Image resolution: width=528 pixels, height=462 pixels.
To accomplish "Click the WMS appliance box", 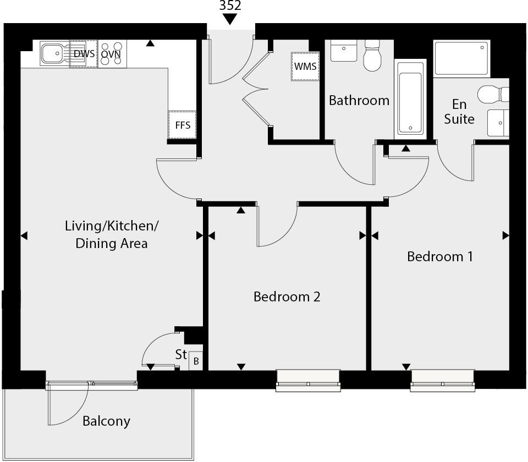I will point(305,66).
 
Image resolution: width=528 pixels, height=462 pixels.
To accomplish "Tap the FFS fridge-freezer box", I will point(182,125).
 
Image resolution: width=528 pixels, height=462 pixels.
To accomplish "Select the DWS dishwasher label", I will point(84,54).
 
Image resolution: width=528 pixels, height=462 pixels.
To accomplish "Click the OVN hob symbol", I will point(111,54).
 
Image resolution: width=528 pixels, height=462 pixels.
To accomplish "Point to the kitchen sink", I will point(54,54).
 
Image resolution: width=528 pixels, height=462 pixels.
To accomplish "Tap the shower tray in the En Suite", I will point(461,58).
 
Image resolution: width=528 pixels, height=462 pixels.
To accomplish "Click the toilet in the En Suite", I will point(493,95).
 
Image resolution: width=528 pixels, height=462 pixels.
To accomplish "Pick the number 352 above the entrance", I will point(230,6).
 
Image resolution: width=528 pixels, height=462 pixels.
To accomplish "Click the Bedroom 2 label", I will point(287,297).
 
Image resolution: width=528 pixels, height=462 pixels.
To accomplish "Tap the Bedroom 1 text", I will point(439,257).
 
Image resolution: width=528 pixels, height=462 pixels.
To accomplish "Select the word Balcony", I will point(106,421).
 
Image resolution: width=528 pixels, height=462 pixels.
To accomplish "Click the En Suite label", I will point(459,111).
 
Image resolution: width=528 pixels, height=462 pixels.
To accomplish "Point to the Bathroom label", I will point(359,101).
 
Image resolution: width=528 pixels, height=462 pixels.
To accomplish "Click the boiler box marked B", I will point(196,361).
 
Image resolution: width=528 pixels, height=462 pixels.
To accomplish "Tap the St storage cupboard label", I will point(181,355).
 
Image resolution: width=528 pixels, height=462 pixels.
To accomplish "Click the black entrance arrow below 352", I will point(230,19).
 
